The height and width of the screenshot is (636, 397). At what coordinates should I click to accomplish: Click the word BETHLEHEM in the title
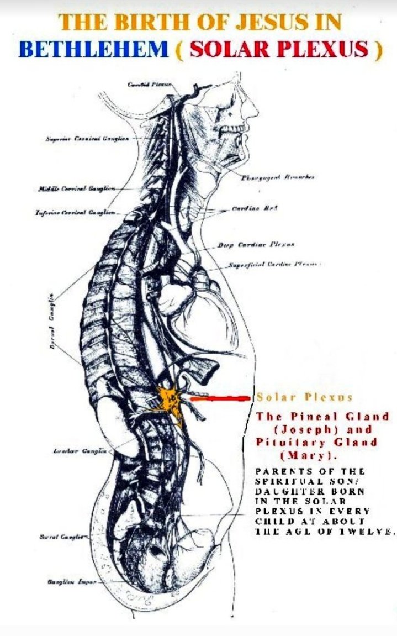pos(93,49)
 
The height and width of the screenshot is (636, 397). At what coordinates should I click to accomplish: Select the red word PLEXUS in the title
pos(322,49)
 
